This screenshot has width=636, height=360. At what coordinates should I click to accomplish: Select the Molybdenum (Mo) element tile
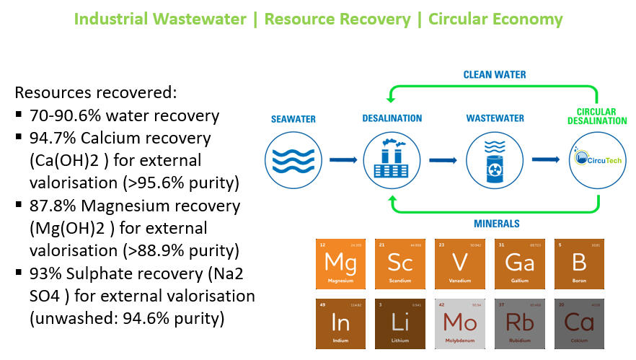click(x=459, y=322)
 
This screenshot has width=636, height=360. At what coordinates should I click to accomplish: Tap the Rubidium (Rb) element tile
click(x=521, y=322)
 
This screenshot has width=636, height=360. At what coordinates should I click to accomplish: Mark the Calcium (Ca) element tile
click(x=581, y=322)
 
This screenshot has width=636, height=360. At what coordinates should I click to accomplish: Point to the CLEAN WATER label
click(x=495, y=74)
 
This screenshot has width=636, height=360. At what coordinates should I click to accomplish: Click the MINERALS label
click(x=496, y=224)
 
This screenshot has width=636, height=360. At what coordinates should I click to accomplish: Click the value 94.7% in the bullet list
click(x=50, y=137)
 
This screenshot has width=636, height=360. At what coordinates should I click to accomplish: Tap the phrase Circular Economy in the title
click(x=495, y=19)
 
